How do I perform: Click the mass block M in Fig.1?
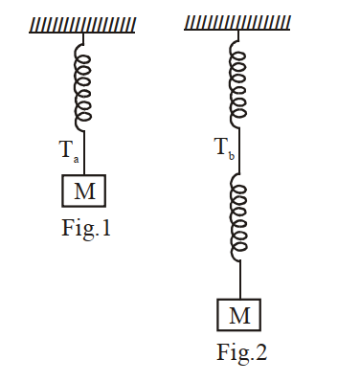[83, 191]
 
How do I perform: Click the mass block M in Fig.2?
[239, 315]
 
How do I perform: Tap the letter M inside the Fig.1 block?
[84, 191]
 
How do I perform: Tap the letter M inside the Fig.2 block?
[239, 315]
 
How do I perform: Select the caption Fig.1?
[86, 228]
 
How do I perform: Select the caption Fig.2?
[242, 352]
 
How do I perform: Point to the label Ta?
[69, 151]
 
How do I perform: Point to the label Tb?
[224, 148]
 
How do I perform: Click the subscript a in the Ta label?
[76, 160]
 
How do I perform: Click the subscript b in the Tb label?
[232, 156]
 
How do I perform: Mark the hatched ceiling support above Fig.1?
[82, 25]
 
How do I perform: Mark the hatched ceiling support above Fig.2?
[237, 23]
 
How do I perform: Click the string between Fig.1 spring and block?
[84, 152]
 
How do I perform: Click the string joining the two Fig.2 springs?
[239, 150]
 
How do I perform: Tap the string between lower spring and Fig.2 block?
[240, 280]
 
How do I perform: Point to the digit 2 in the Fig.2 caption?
[260, 351]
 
